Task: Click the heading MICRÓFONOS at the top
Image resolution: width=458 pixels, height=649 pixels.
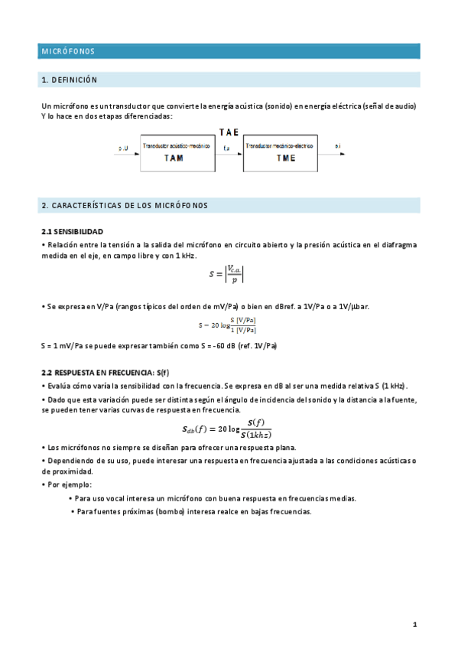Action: (68, 51)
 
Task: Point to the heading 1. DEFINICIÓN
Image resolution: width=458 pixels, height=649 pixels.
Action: (70, 80)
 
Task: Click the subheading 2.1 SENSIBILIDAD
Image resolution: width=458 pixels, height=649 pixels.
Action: (72, 231)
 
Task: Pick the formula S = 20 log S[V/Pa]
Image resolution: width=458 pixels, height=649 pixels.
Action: (227, 324)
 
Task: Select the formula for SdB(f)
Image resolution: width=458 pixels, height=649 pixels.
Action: (227, 429)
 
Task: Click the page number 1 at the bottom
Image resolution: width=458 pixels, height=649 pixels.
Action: (414, 625)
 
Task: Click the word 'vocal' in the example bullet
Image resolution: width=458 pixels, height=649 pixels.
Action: (121, 498)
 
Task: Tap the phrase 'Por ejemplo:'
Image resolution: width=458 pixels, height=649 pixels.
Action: (69, 484)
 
